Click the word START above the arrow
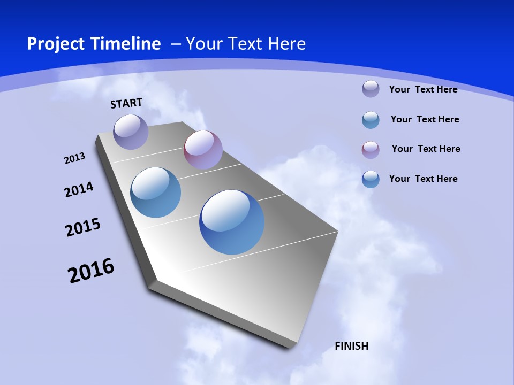pos(126,103)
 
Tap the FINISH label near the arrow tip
pos(351,346)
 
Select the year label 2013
pos(74,158)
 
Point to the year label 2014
pos(79,189)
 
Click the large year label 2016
pos(91,270)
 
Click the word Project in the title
pos(55,44)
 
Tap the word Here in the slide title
pos(286,44)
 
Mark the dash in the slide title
pos(176,44)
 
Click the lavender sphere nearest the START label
pos(131,132)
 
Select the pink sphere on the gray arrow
pos(203,149)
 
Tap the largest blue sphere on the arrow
pos(232,222)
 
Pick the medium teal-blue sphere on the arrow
pos(155,192)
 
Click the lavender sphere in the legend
pos(371,89)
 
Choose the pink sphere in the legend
pos(371,150)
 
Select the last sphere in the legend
pos(371,179)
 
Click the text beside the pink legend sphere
pos(426,149)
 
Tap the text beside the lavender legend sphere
pos(423,89)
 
